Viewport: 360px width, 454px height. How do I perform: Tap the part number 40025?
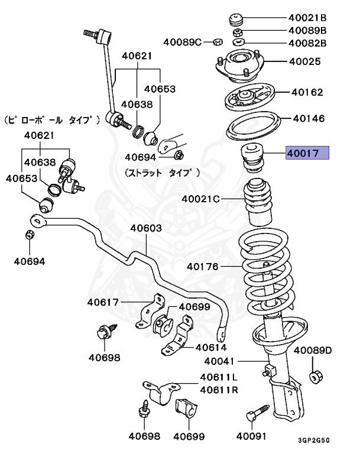(x=304, y=61)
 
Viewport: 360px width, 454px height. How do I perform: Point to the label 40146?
(x=308, y=118)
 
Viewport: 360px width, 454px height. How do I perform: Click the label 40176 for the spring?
(x=203, y=267)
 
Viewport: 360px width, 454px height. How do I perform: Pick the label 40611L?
(x=218, y=377)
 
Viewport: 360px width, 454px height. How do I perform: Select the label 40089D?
(x=313, y=351)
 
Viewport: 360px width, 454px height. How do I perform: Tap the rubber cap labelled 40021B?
(x=237, y=18)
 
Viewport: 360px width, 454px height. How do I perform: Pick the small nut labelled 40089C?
(x=216, y=42)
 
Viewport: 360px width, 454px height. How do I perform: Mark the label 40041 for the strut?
(x=220, y=361)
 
